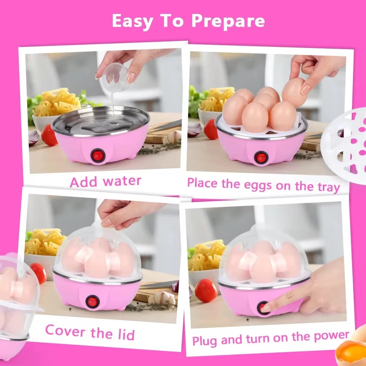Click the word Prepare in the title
coord(228,21)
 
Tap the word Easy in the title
coord(132,21)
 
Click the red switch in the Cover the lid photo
coord(92,302)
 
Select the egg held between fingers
coord(294,92)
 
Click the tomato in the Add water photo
coord(49,135)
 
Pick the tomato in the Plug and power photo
coord(206,291)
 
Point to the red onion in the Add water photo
coord(33,138)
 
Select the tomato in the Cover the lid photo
coord(39,273)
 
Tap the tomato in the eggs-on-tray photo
coord(211,129)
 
